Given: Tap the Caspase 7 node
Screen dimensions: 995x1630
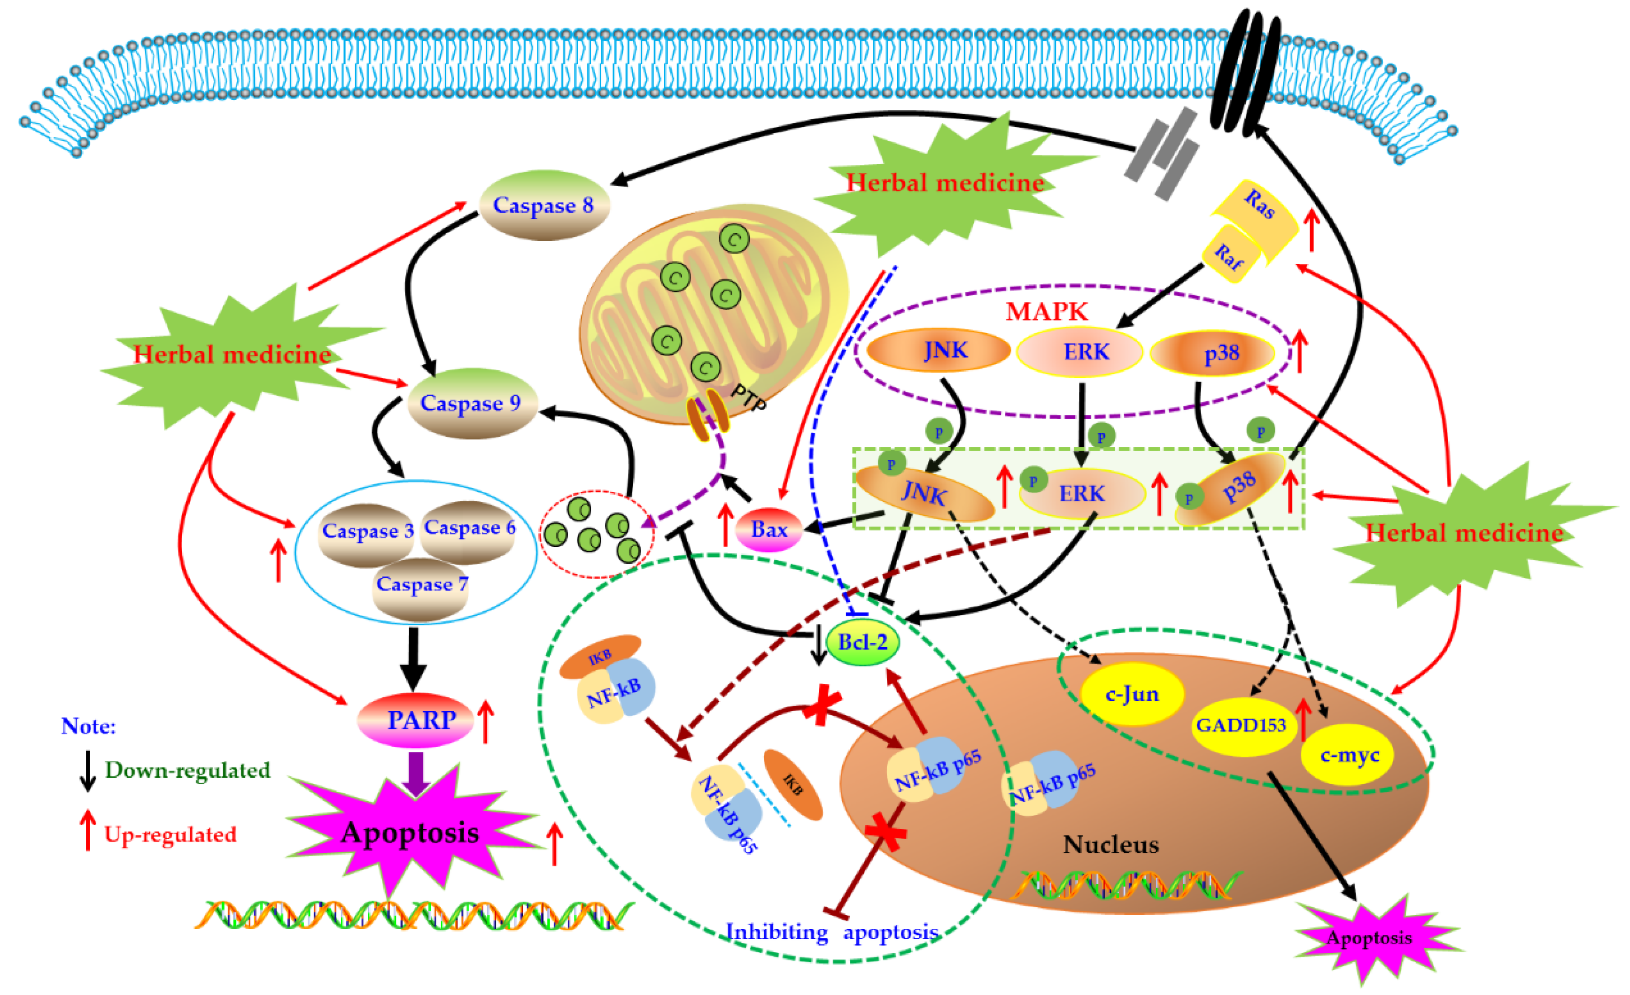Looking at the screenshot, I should [x=421, y=586].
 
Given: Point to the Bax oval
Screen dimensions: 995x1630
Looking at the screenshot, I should [x=768, y=529].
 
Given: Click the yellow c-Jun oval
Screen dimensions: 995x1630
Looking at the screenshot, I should [x=1132, y=694].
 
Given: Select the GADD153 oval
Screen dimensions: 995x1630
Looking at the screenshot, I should [x=1241, y=725].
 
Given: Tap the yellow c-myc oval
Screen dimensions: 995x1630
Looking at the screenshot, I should [x=1348, y=755].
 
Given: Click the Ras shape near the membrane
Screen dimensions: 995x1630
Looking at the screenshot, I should [x=1257, y=208].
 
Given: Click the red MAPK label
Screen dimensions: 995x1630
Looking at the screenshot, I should [x=1047, y=311].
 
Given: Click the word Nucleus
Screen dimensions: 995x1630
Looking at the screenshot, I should [x=1111, y=845].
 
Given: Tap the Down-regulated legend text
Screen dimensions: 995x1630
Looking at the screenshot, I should [x=188, y=770].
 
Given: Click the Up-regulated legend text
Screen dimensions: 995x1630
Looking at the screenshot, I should [x=170, y=834].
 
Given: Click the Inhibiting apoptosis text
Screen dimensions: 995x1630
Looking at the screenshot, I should [x=832, y=932].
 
